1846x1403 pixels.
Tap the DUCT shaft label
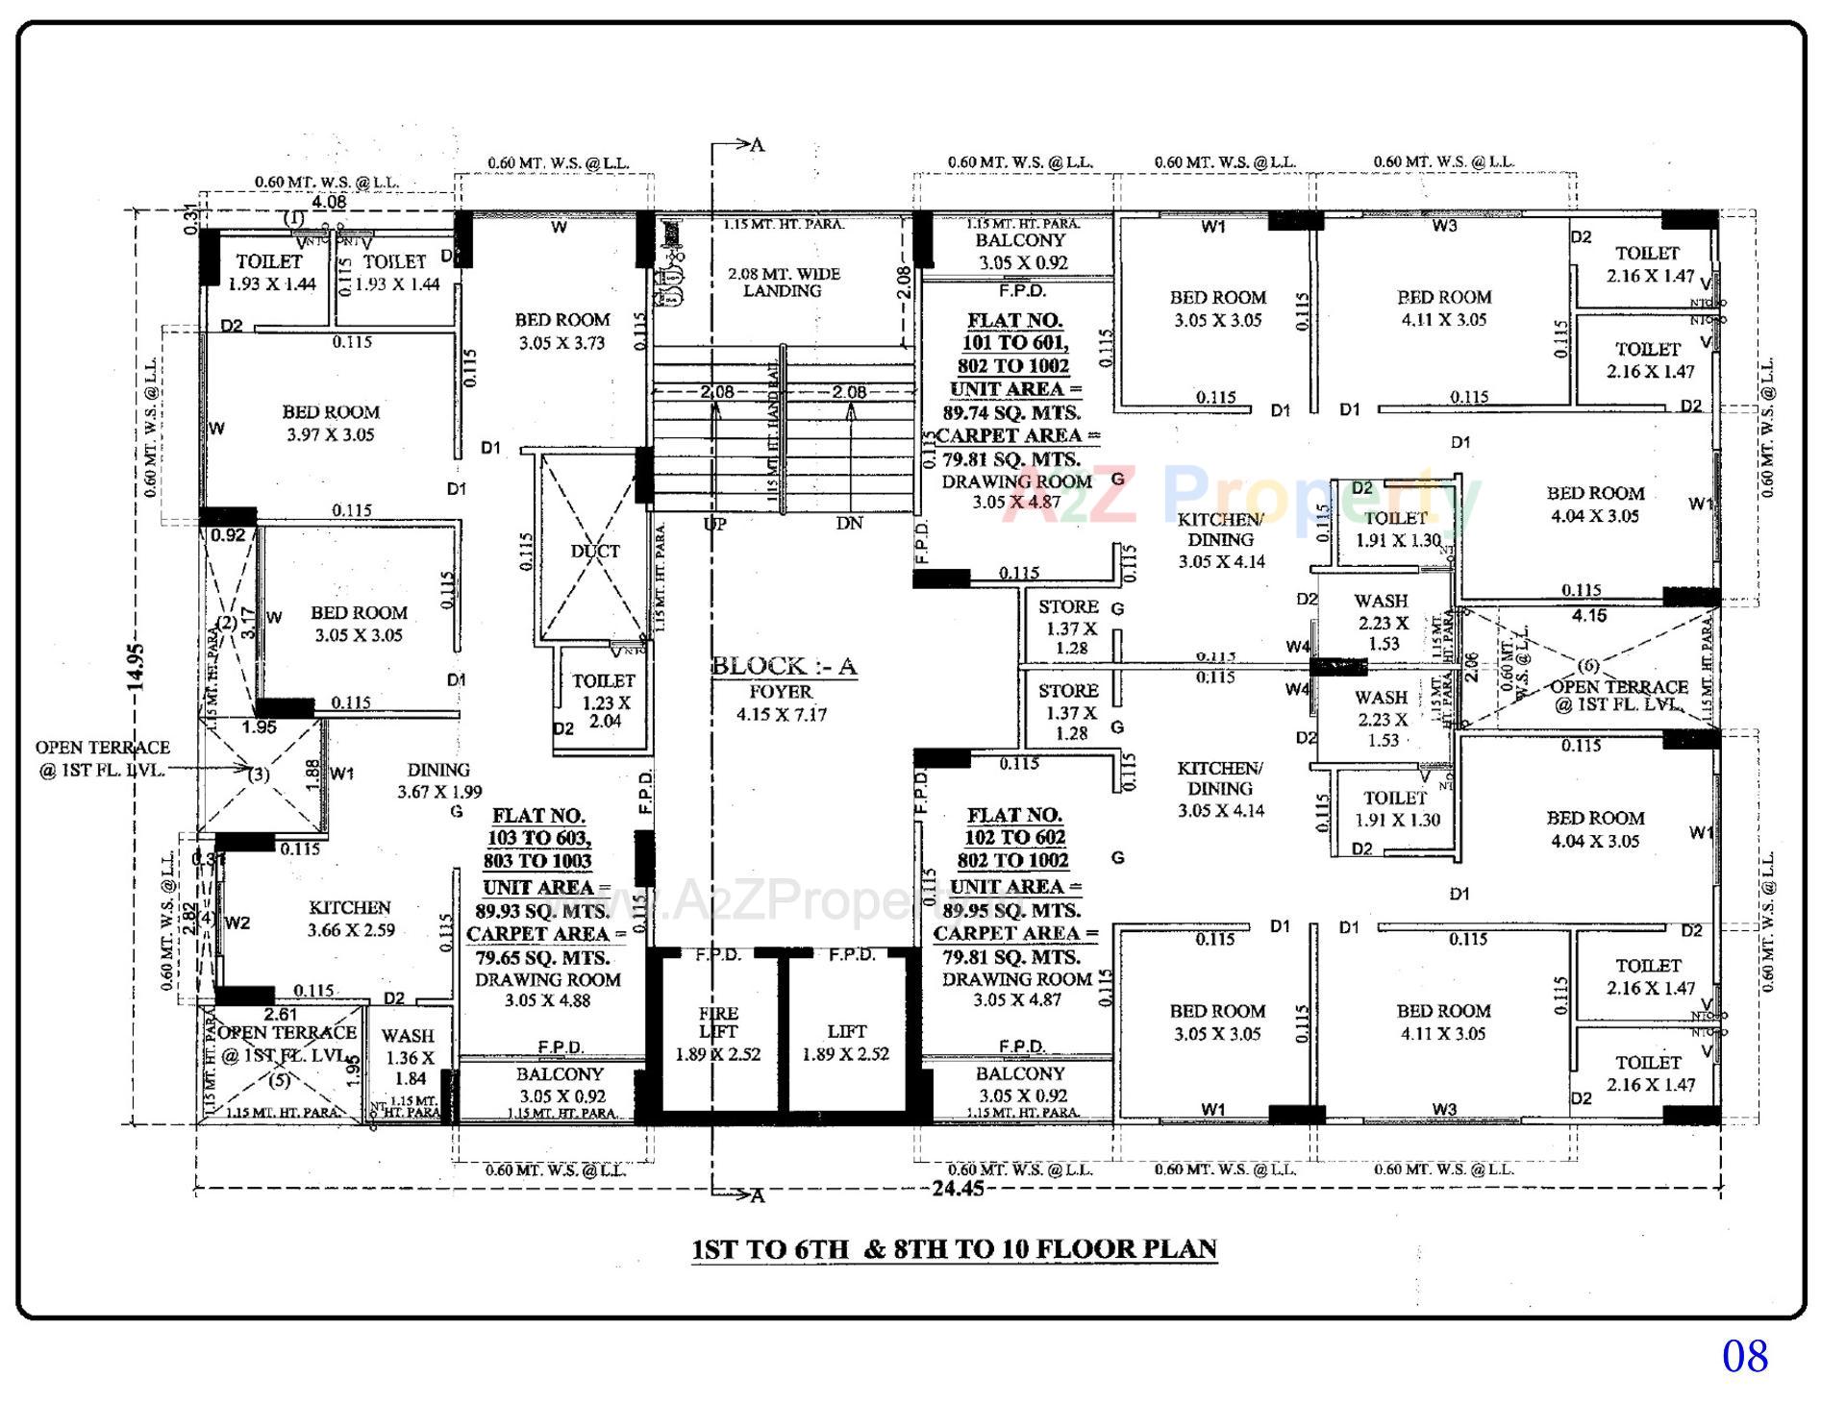point(595,552)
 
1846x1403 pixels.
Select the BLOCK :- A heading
point(784,666)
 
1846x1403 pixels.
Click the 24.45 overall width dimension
point(958,1189)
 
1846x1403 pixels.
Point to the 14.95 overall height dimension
point(136,666)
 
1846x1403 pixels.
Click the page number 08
point(1744,1356)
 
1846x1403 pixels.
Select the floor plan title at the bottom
point(955,1249)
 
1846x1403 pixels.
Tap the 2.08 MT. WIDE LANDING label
point(783,282)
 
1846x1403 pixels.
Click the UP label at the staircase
point(714,524)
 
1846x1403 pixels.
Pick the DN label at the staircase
point(849,524)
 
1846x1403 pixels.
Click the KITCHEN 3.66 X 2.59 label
point(350,919)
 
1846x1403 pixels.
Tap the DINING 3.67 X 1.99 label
point(438,780)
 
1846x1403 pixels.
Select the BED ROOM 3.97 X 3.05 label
point(331,423)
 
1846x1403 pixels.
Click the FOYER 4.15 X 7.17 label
point(781,702)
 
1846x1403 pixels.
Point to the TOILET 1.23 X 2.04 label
point(604,701)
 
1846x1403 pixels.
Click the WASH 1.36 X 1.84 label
point(409,1057)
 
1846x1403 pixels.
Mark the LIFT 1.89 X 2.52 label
point(846,1042)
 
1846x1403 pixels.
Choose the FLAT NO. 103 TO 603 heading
point(538,838)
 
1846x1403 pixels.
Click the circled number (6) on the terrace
point(1588,666)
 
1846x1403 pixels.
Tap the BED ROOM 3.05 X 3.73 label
point(561,331)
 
